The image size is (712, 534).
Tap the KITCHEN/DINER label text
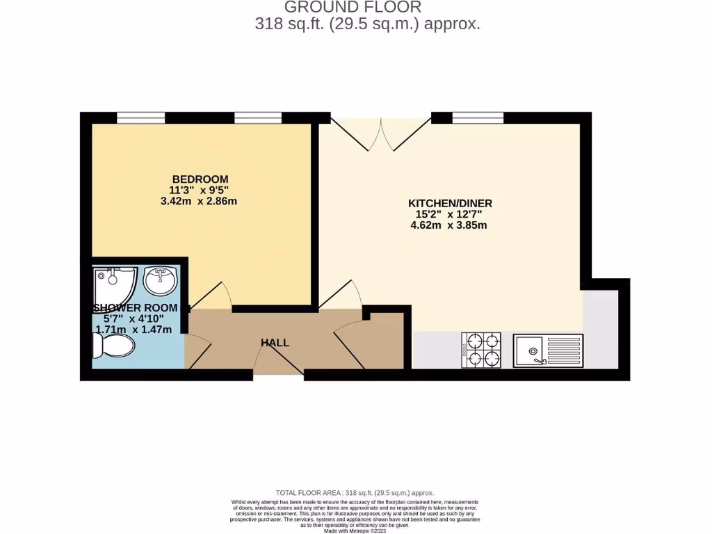450,203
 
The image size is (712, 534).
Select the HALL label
275,343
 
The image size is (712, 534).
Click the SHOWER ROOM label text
136,308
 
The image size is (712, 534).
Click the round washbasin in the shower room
161,280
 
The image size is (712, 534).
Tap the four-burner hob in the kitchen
481,350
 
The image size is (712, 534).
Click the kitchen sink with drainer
549,350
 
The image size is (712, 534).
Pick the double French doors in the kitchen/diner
381,133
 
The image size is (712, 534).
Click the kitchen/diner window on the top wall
478,118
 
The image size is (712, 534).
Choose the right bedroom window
258,118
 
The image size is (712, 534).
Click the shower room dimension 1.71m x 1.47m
133,330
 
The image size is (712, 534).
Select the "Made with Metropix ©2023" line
355,531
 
